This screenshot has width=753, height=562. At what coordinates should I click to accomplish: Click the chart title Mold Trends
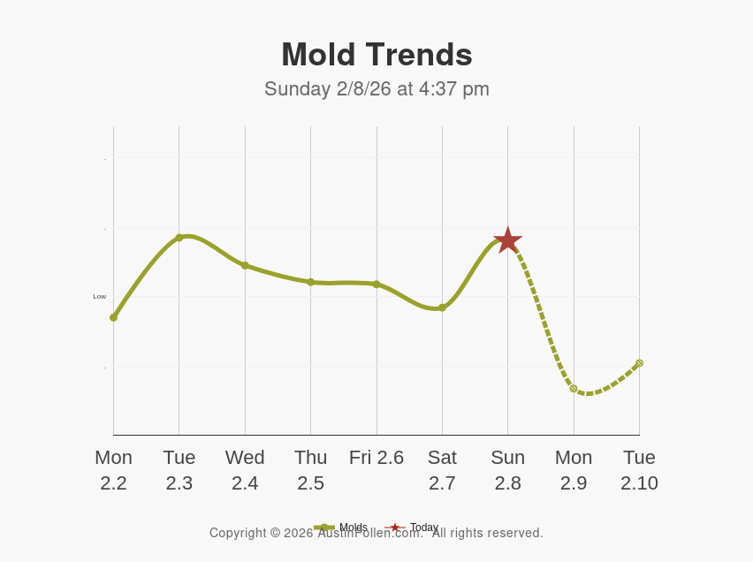(x=376, y=55)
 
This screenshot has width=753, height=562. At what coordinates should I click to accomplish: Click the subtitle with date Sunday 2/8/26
(x=376, y=89)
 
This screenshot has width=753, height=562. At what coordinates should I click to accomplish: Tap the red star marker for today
(x=507, y=240)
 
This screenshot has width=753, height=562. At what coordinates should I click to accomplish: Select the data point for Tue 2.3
(x=179, y=238)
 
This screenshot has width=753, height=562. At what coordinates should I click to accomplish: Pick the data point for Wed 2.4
(x=245, y=265)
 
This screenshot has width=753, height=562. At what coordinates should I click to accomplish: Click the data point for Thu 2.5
(x=310, y=282)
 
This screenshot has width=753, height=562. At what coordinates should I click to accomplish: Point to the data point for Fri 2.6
(x=376, y=285)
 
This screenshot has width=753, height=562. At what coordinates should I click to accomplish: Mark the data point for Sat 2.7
(x=442, y=308)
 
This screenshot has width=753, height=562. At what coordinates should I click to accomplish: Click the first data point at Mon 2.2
(x=113, y=317)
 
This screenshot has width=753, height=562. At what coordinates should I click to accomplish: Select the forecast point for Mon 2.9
(x=574, y=389)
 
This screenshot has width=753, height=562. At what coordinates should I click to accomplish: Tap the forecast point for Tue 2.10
(x=639, y=363)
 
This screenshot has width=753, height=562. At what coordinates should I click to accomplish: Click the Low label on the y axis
(x=100, y=297)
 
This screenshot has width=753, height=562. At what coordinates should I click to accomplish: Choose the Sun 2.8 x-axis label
(x=507, y=470)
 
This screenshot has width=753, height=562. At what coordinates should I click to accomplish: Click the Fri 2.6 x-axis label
(x=376, y=458)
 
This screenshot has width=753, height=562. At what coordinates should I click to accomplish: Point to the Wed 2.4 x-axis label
(x=245, y=470)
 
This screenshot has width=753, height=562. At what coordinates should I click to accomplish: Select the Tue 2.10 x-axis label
(x=639, y=470)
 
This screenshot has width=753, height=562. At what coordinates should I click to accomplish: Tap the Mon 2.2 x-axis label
(x=113, y=470)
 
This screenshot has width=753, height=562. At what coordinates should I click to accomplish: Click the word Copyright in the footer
(x=238, y=533)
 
